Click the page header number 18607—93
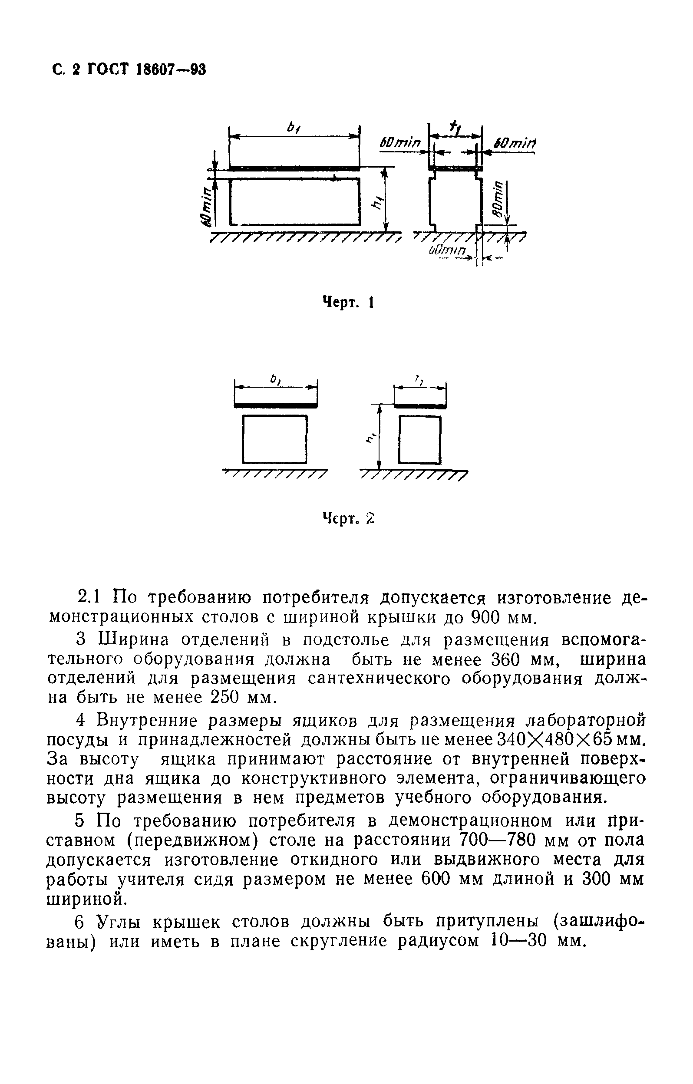[x=171, y=70]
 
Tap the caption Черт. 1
[x=349, y=302]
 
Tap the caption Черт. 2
[x=349, y=519]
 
